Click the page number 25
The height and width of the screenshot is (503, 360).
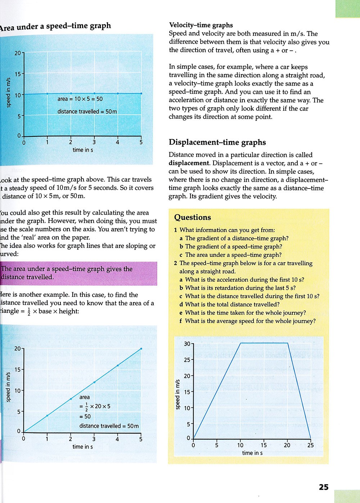(x=324, y=487)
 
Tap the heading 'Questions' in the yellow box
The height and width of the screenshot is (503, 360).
(x=193, y=217)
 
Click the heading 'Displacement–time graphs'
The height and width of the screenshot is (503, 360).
(x=217, y=142)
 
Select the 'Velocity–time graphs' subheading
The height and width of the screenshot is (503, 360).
(x=201, y=25)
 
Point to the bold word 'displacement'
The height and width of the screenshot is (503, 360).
(x=189, y=163)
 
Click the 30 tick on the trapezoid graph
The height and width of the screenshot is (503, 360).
(x=187, y=344)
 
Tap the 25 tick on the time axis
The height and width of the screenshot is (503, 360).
(x=310, y=445)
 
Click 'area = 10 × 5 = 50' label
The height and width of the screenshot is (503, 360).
(x=80, y=99)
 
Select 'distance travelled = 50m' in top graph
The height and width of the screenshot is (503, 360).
(x=87, y=112)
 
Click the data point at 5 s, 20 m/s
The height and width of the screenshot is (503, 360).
(x=141, y=348)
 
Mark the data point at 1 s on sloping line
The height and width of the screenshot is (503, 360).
(x=47, y=416)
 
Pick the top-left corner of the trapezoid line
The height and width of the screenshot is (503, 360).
(x=240, y=343)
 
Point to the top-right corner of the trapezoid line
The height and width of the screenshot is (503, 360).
(x=288, y=343)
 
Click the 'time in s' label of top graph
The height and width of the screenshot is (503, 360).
(x=83, y=150)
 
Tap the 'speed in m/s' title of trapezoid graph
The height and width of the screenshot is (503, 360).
(x=177, y=394)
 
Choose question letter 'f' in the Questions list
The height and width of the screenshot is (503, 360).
(x=181, y=321)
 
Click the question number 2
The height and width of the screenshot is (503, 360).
(x=175, y=263)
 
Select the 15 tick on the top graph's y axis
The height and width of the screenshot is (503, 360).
(x=18, y=74)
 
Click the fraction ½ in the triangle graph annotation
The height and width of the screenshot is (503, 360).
(x=86, y=407)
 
